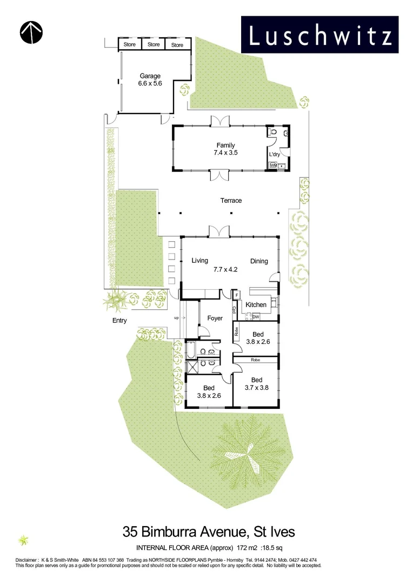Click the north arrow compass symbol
31,32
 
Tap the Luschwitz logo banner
319,35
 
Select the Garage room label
150,76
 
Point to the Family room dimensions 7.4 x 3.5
225,153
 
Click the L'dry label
275,155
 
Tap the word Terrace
231,201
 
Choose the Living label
199,261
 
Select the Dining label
259,261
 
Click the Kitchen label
256,305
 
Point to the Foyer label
215,318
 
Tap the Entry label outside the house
119,321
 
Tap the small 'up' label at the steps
176,318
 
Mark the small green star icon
23,540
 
